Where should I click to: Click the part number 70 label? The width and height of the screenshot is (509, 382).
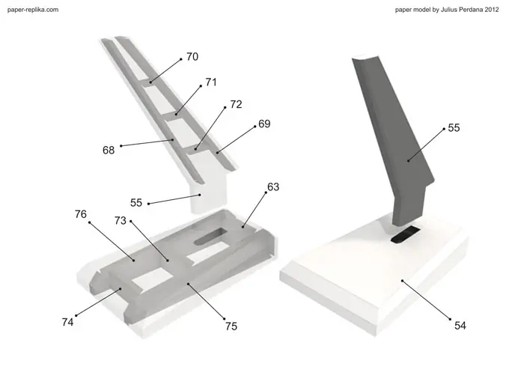click(x=192, y=57)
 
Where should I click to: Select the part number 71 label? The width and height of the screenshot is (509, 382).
click(x=211, y=82)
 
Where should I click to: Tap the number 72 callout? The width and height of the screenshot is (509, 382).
click(x=236, y=105)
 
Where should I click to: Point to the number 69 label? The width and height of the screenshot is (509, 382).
click(x=264, y=123)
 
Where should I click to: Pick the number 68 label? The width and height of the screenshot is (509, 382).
click(x=109, y=150)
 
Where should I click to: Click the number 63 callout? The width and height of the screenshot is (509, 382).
click(x=274, y=187)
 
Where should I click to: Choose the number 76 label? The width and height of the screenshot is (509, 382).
click(x=81, y=214)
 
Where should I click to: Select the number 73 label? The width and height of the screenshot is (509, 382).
click(x=121, y=221)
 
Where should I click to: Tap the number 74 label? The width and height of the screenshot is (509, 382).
click(x=68, y=322)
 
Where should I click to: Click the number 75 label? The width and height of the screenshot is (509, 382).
click(x=231, y=326)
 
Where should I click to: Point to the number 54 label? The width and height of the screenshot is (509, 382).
click(x=460, y=325)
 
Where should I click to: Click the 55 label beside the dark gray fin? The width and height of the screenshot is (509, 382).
click(x=454, y=128)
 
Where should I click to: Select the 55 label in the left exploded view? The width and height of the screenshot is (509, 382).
click(x=136, y=203)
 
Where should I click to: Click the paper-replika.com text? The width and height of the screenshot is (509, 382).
click(x=33, y=10)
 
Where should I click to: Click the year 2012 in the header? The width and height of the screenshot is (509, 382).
click(x=492, y=10)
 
